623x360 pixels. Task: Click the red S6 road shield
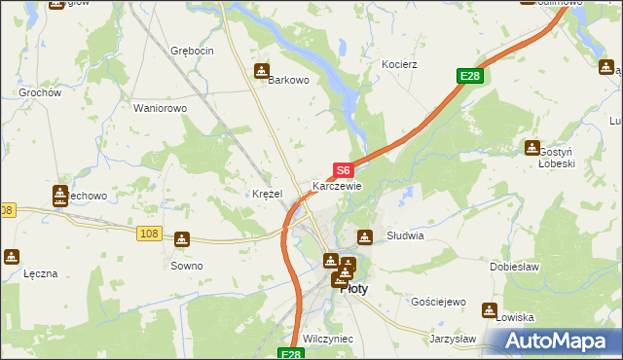[343, 169]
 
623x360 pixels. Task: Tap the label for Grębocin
[191, 50]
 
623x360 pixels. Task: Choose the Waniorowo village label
[160, 108]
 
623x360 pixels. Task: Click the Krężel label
[267, 194]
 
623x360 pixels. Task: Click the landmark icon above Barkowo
[262, 71]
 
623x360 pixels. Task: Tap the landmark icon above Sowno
[182, 239]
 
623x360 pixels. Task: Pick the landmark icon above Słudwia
[365, 235]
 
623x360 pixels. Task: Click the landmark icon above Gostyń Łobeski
[532, 148]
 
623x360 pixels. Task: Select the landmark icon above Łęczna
[12, 257]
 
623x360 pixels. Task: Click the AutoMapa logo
[556, 342]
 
